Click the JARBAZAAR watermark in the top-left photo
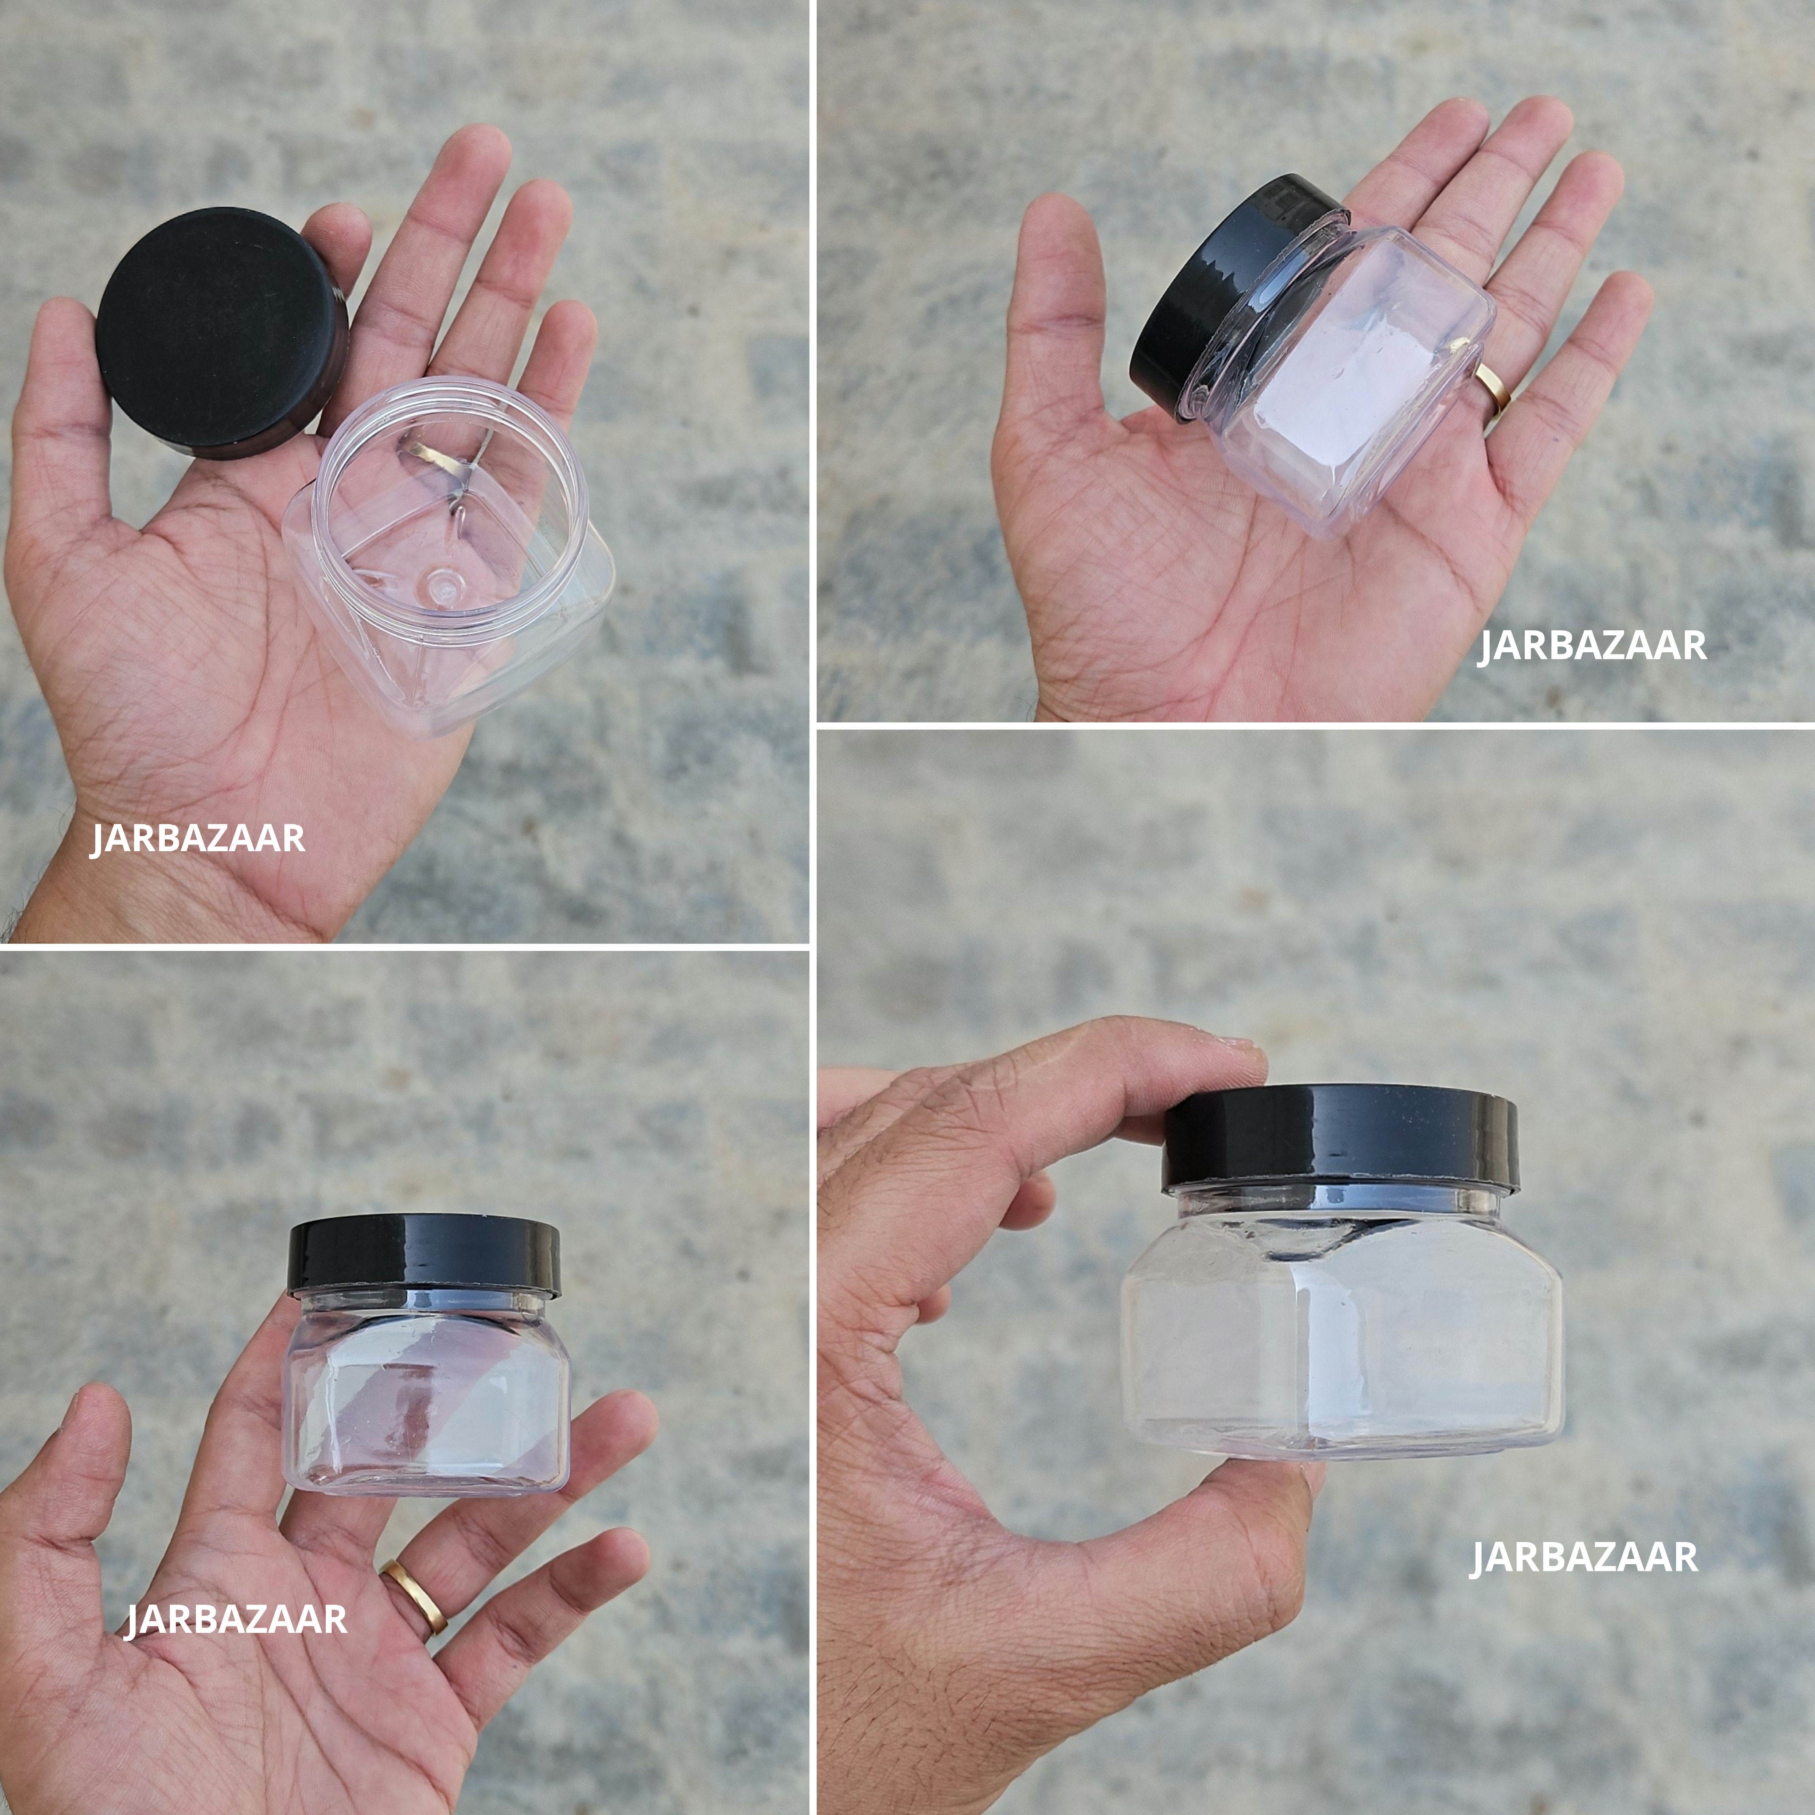point(197,838)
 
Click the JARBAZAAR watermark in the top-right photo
point(1593,647)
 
